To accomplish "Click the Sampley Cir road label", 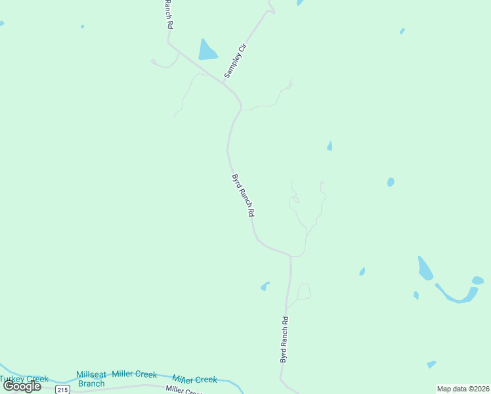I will [234, 60].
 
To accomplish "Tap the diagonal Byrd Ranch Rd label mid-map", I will [243, 195].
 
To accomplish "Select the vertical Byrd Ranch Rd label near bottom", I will [284, 340].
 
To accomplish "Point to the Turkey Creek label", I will [24, 379].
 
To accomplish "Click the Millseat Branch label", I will [91, 379].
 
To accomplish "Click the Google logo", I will [22, 386].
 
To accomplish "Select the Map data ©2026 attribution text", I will [463, 389].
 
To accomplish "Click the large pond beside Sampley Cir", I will [207, 50].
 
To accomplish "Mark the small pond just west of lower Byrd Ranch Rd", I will [265, 286].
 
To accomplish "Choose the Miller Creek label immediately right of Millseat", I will [135, 374].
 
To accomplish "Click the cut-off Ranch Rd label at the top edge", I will [169, 14].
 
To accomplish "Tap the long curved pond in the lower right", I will [453, 294].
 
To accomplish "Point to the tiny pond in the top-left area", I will [82, 27].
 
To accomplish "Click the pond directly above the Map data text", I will [431, 364].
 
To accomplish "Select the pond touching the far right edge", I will [477, 280].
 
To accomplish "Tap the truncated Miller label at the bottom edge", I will [183, 390].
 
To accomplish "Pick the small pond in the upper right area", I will [402, 31].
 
